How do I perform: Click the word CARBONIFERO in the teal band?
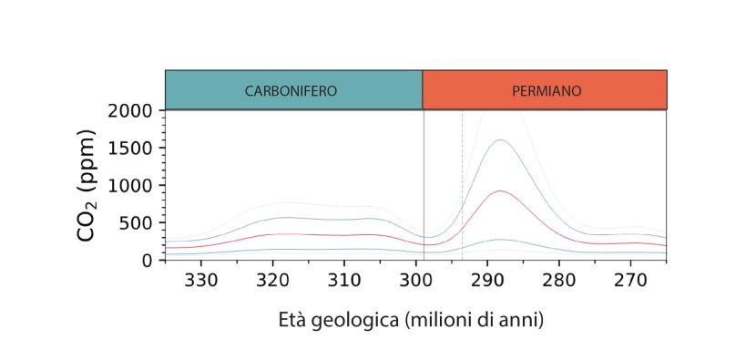291,91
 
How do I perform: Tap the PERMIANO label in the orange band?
547,91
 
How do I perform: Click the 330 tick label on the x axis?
201,280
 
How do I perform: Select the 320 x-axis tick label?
273,280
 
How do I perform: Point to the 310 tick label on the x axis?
344,280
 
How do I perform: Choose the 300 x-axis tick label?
416,280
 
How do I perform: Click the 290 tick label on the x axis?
487,280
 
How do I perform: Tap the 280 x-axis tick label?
559,280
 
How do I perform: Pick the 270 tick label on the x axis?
630,280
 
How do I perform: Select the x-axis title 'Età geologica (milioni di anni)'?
411,321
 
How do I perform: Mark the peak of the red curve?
501,190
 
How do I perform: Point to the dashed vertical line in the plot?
462,185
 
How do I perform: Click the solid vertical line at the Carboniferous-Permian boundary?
424,185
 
